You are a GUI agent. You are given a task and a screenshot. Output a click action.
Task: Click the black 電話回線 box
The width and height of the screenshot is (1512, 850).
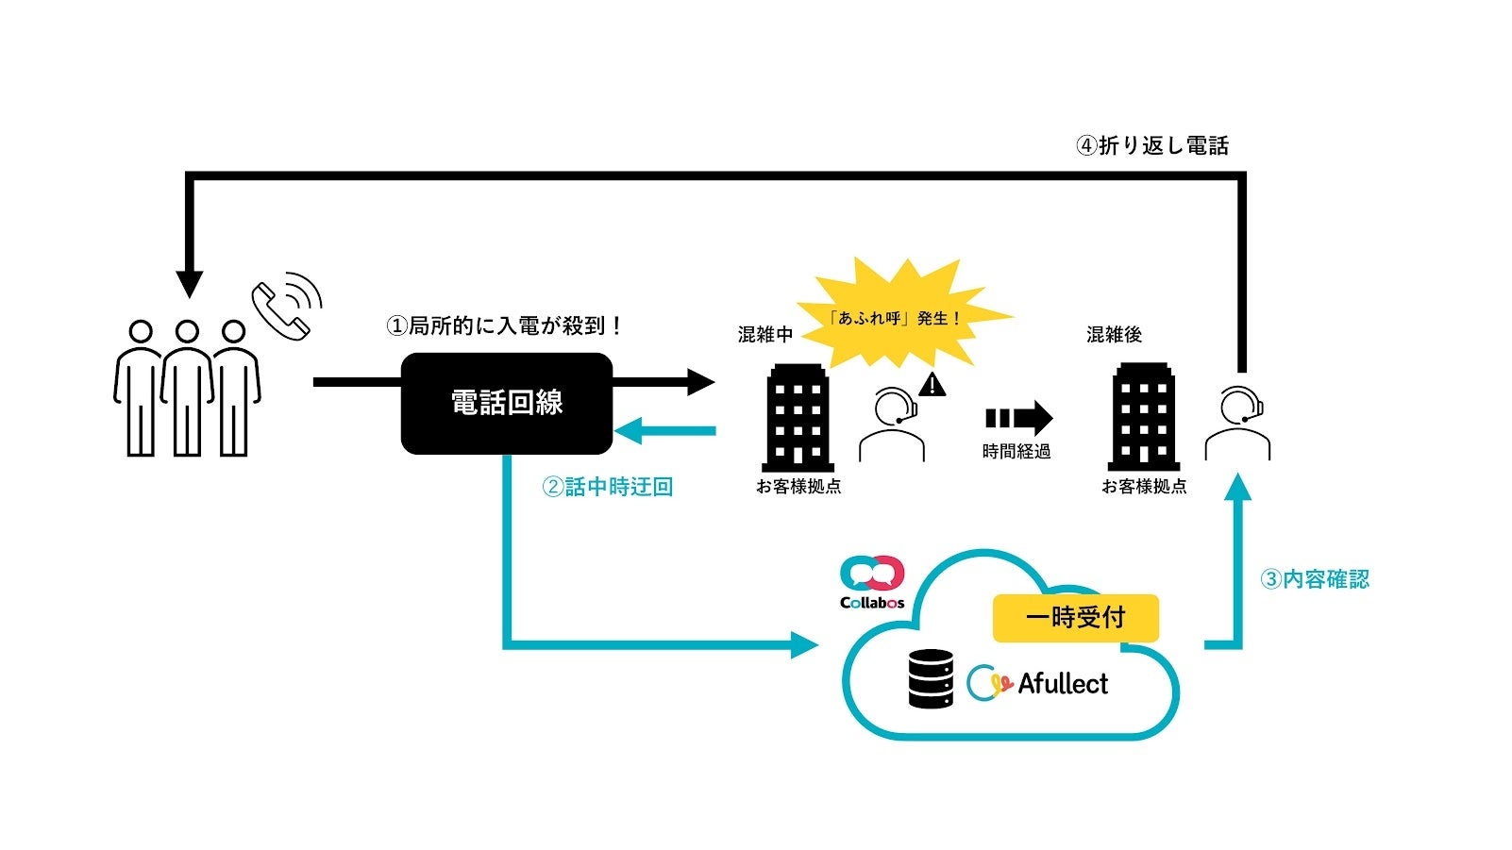[507, 403]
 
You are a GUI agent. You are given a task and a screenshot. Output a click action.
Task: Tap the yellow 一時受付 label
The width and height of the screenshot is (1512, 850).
[1075, 618]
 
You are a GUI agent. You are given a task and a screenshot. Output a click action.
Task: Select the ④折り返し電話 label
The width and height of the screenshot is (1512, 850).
[1152, 146]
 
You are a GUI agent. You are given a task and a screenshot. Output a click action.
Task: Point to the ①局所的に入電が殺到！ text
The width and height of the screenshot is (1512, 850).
[506, 326]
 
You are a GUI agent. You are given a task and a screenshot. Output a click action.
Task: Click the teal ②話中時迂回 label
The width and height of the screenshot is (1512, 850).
[607, 488]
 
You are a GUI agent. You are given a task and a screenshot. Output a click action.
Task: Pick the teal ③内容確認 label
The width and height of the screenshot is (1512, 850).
[1315, 579]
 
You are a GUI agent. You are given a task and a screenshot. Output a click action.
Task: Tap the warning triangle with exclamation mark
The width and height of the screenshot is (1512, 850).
[932, 385]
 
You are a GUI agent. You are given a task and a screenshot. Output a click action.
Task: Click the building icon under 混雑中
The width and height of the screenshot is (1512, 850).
[798, 418]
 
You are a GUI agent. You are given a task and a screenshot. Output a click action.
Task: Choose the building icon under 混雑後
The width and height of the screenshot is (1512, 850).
[1144, 418]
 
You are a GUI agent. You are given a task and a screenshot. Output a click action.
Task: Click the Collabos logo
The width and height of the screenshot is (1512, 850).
[872, 583]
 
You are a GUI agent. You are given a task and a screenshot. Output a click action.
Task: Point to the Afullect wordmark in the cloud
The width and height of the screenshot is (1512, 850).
[1063, 684]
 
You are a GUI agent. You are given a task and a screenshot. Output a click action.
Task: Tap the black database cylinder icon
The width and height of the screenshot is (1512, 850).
[931, 679]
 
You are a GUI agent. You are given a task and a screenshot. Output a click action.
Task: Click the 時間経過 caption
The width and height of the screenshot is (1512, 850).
[1016, 452]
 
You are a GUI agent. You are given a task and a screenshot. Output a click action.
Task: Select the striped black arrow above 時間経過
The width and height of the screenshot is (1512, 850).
[1018, 418]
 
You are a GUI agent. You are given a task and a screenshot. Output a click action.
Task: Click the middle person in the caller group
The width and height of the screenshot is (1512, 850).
[187, 388]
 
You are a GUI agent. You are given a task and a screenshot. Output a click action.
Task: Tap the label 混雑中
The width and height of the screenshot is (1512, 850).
[764, 335]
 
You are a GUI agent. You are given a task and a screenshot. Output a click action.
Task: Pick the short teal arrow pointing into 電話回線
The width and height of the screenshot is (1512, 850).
[664, 432]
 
